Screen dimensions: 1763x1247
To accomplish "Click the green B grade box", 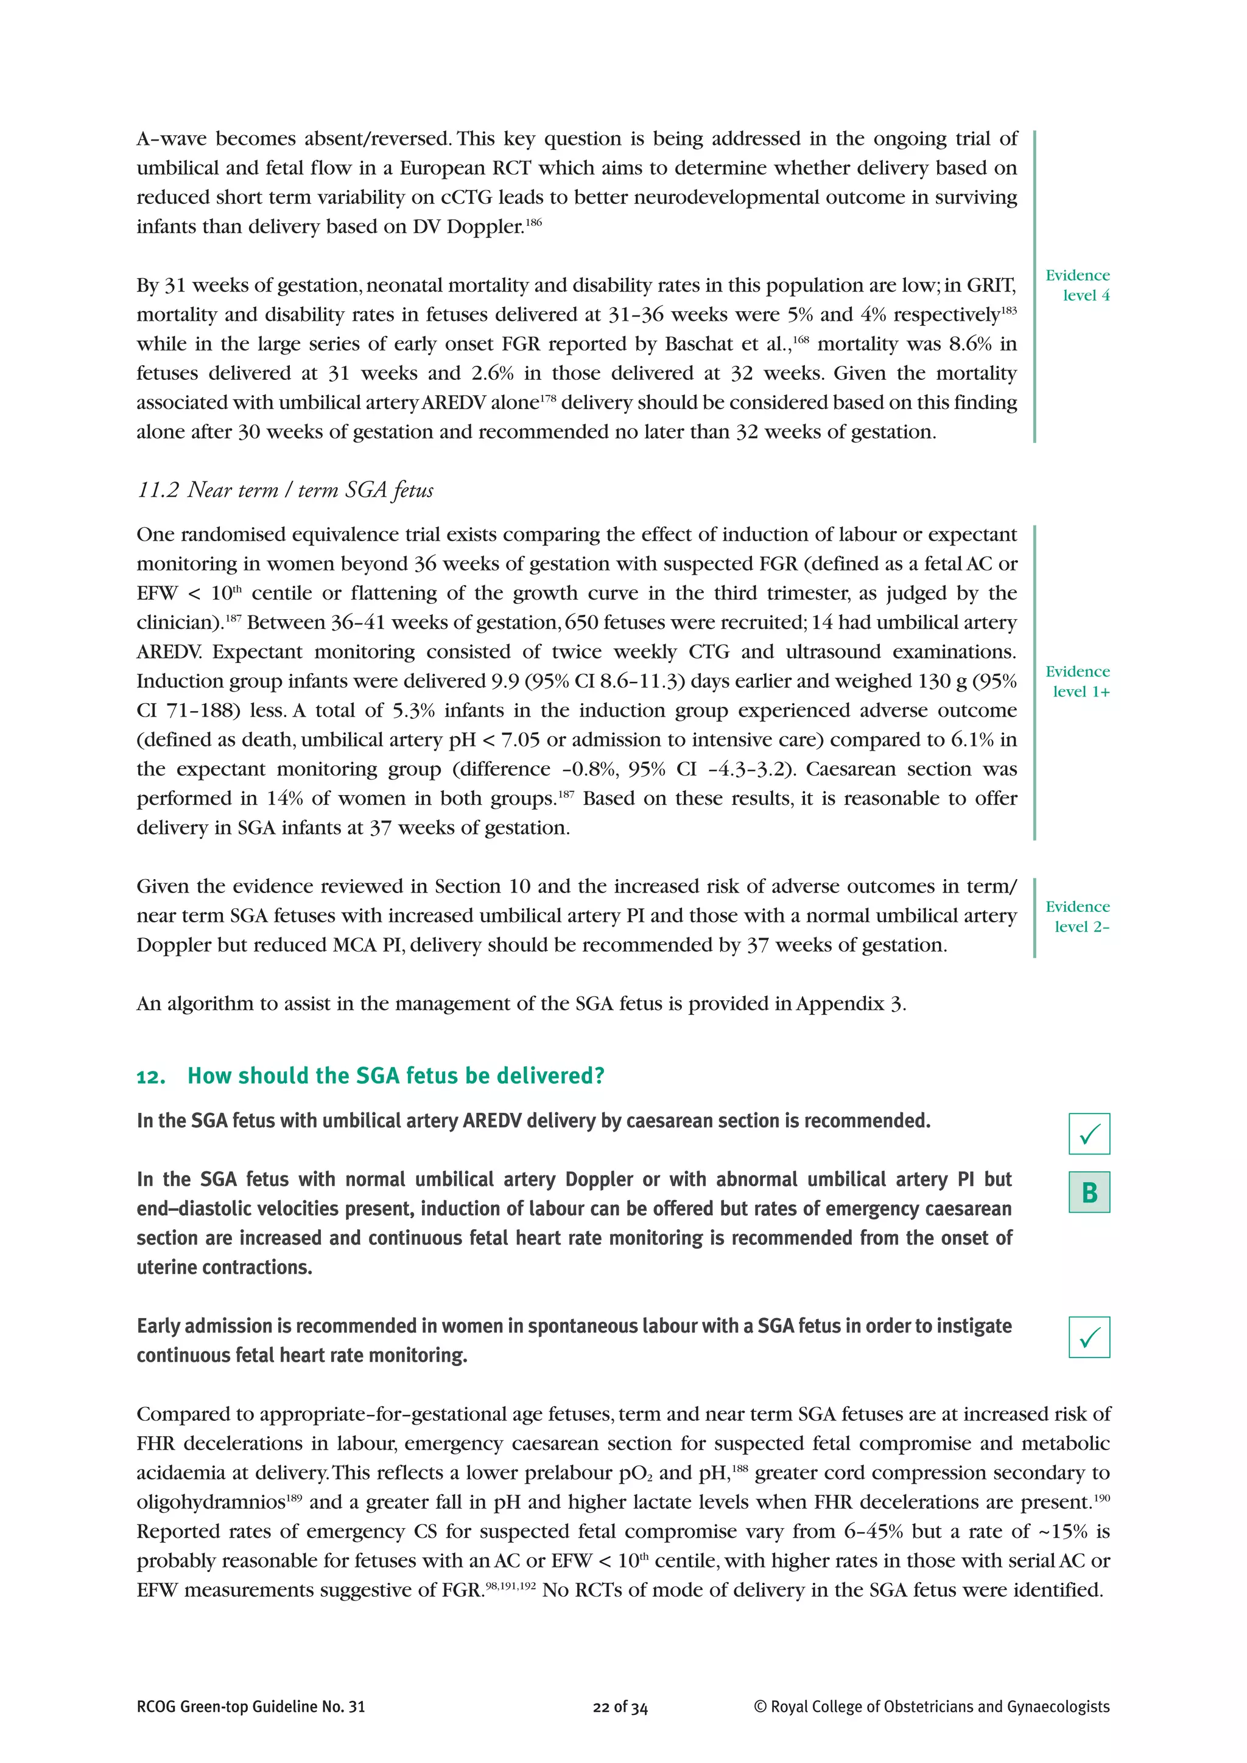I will (x=1089, y=1193).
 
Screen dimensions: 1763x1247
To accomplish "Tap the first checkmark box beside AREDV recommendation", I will (x=1089, y=1134).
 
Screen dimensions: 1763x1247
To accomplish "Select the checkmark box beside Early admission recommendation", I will (x=1089, y=1337).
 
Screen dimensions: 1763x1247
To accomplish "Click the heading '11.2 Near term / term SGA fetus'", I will (x=285, y=490).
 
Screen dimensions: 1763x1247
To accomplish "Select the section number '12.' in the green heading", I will (x=151, y=1076).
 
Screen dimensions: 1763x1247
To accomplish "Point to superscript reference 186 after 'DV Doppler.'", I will (x=533, y=223).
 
